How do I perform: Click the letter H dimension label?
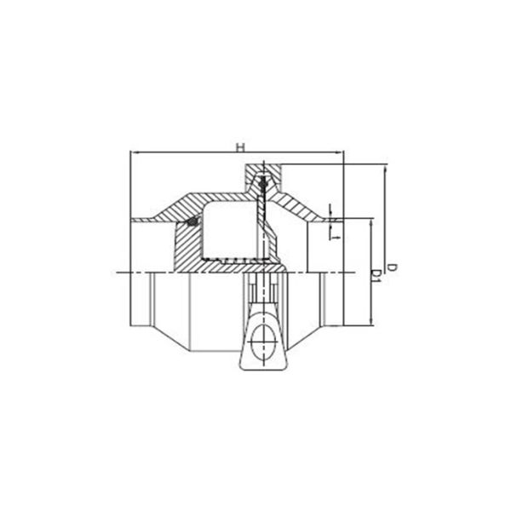click(241, 146)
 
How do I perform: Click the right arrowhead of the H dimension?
click(341, 153)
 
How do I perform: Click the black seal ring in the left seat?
click(193, 223)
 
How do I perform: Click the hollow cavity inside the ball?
click(228, 228)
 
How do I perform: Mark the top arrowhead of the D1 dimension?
click(372, 221)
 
